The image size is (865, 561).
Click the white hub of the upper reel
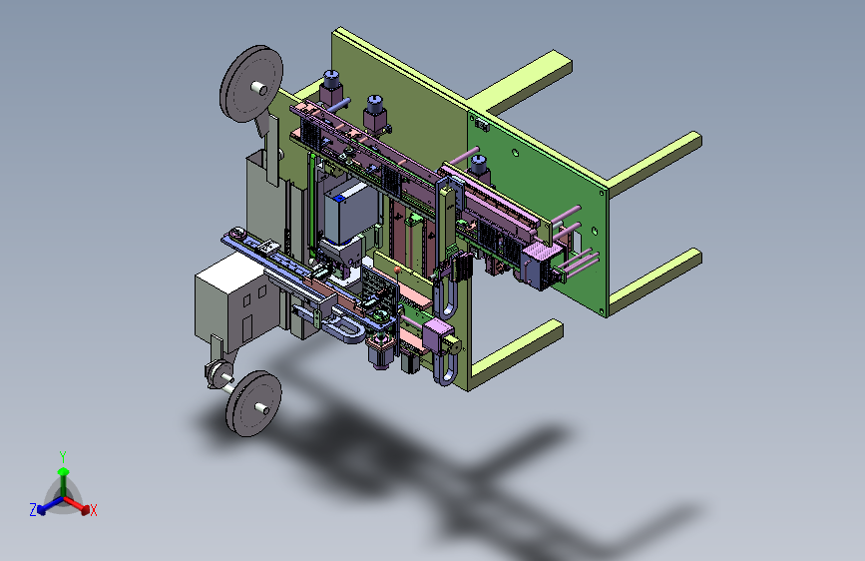point(258,88)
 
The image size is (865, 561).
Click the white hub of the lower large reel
point(261,408)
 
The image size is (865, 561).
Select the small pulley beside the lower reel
point(219,373)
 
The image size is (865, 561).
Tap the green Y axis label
point(63,457)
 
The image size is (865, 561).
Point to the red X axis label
point(93,510)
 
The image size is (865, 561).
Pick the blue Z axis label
point(33,510)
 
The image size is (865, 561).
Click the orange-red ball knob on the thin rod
point(397,270)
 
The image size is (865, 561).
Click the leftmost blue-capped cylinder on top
point(331,87)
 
